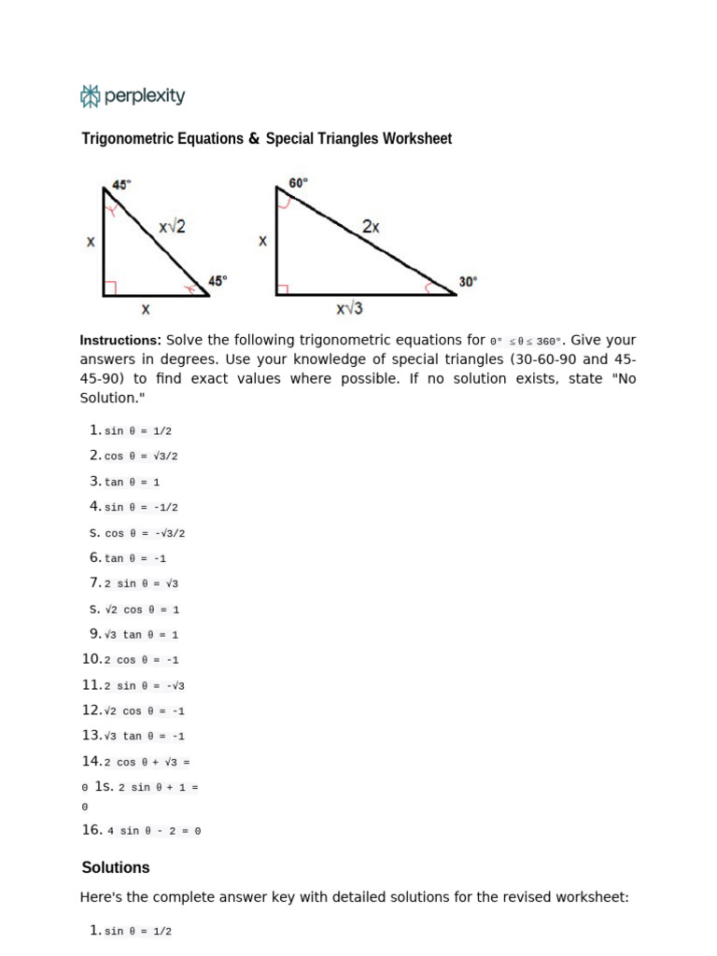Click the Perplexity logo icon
pyautogui.click(x=90, y=95)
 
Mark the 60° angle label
pyautogui.click(x=298, y=183)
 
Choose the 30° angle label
pyautogui.click(x=468, y=281)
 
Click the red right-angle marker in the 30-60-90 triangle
pyautogui.click(x=282, y=289)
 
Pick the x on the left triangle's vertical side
pyautogui.click(x=91, y=242)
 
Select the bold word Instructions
pyautogui.click(x=120, y=341)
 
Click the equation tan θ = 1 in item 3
pyautogui.click(x=132, y=482)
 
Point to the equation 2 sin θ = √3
pyautogui.click(x=141, y=583)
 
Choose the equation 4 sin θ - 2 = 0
pyautogui.click(x=154, y=830)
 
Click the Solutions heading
pyautogui.click(x=116, y=867)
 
